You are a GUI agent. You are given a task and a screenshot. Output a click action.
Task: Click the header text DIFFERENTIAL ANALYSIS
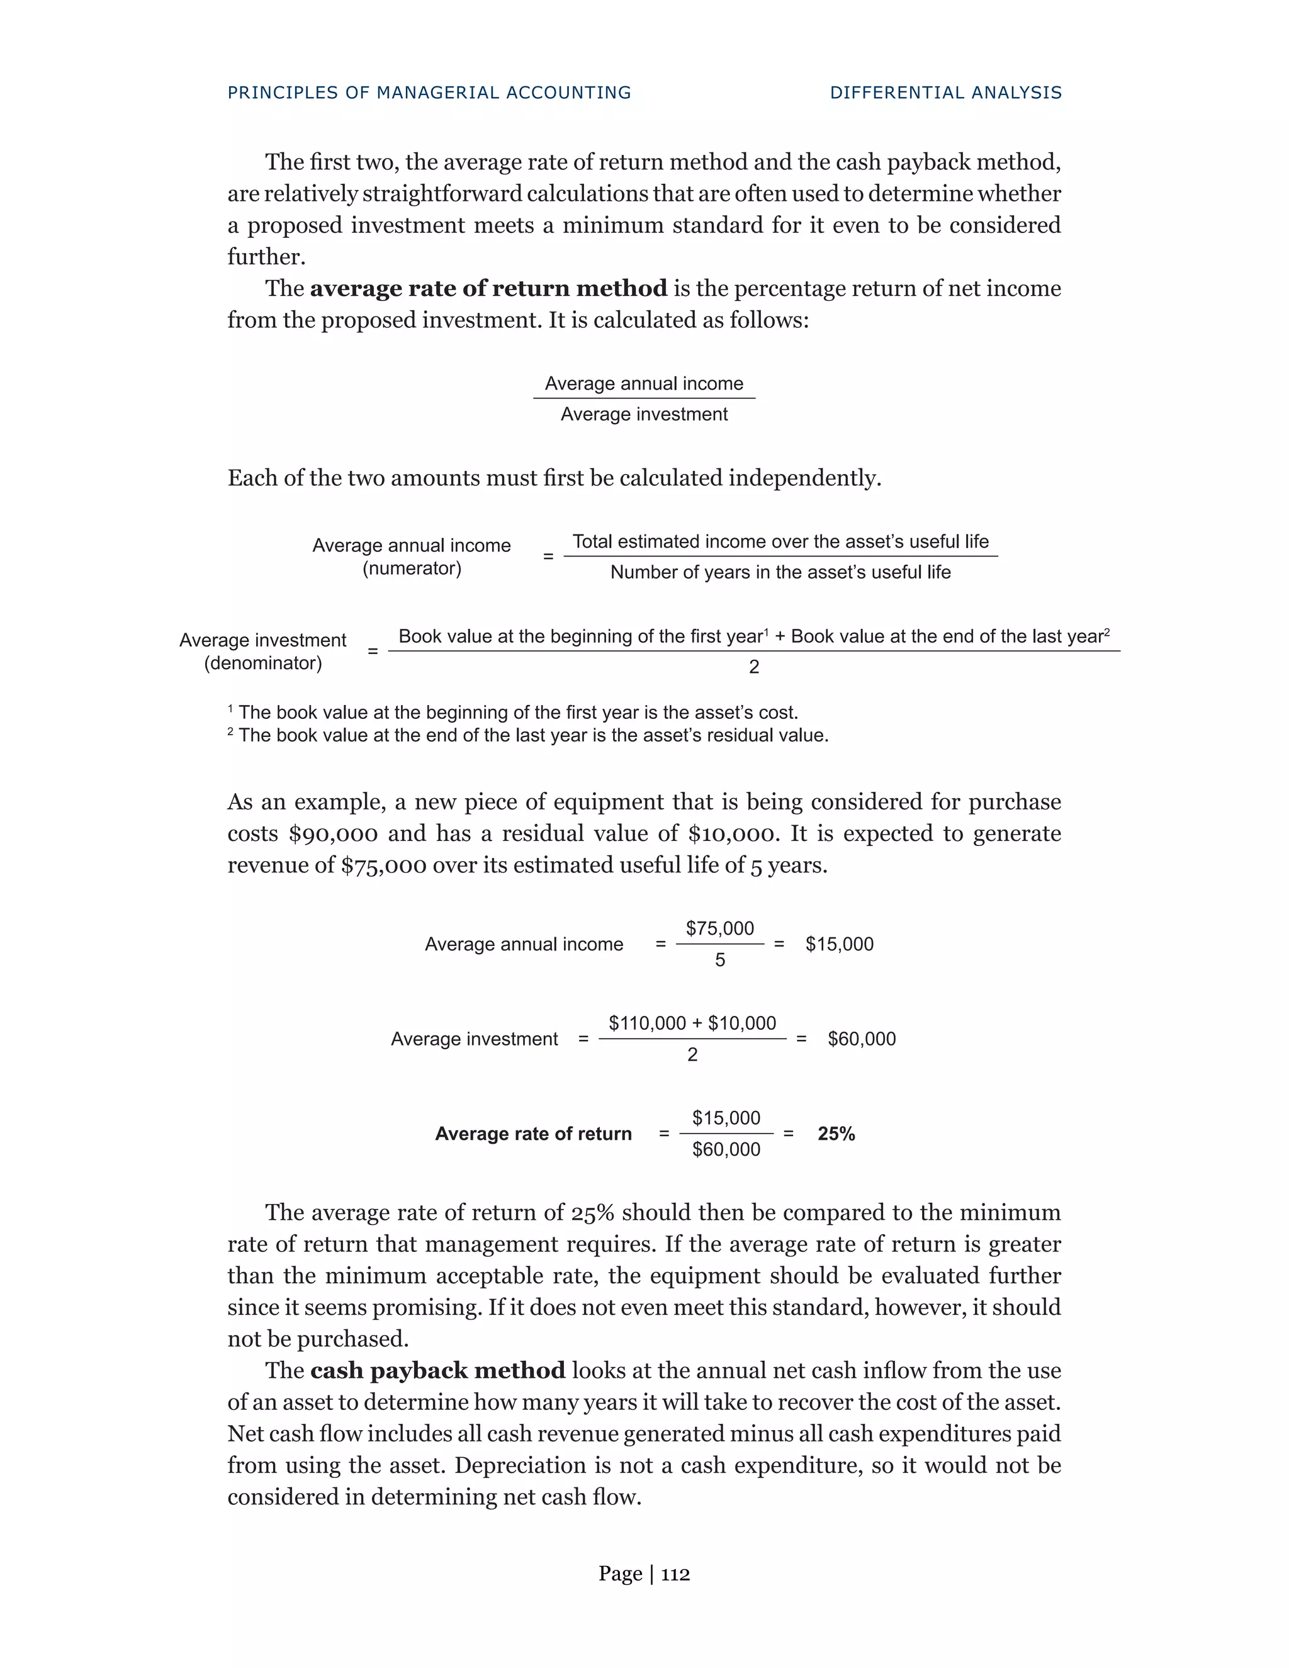tap(945, 93)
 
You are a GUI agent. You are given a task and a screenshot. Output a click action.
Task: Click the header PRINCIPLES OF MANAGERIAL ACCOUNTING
tap(429, 93)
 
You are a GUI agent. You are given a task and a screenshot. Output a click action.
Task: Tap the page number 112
tap(675, 1574)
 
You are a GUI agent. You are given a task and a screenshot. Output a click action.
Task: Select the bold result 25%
tap(836, 1134)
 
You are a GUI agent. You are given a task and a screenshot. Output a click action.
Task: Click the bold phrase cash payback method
tap(437, 1371)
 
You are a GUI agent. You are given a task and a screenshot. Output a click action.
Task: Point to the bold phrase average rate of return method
tap(488, 289)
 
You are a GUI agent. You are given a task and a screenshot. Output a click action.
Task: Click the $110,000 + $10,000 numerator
tap(692, 1023)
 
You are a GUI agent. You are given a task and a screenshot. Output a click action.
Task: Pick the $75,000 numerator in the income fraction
tap(719, 928)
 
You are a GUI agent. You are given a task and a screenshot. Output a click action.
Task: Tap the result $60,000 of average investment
tap(862, 1039)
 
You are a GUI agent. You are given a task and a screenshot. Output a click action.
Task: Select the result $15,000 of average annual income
tap(839, 945)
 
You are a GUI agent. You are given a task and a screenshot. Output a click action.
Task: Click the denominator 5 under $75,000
tap(719, 961)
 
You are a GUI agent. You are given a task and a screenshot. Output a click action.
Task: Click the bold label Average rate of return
tap(533, 1134)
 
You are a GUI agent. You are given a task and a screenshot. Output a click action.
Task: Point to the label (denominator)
tap(262, 663)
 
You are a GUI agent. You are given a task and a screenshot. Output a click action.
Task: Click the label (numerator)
tap(412, 569)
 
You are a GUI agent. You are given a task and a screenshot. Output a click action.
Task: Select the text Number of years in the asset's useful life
tap(780, 573)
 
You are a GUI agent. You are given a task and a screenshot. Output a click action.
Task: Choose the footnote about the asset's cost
tap(512, 713)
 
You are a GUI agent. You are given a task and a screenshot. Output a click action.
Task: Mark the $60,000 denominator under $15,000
tap(726, 1150)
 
